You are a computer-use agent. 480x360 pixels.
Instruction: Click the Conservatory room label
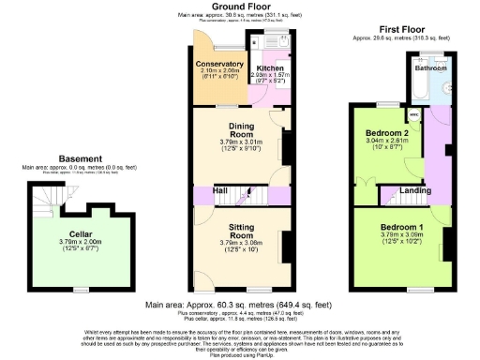pos(219,64)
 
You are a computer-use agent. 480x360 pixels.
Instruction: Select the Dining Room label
pos(243,129)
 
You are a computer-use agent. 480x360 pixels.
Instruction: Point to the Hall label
pos(219,190)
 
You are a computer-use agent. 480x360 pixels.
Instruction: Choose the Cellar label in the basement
pos(79,234)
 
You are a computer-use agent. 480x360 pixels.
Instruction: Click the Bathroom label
pos(431,68)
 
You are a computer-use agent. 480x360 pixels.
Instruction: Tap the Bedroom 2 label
pos(385,134)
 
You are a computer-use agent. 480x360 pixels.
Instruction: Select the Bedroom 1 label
pos(401,228)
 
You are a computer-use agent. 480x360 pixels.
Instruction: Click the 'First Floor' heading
pos(400,30)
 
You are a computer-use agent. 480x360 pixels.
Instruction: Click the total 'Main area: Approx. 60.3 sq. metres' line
pos(239,306)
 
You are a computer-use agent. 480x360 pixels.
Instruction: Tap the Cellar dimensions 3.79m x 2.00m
pos(79,243)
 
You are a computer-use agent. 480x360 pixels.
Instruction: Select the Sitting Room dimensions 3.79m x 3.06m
pos(242,243)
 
